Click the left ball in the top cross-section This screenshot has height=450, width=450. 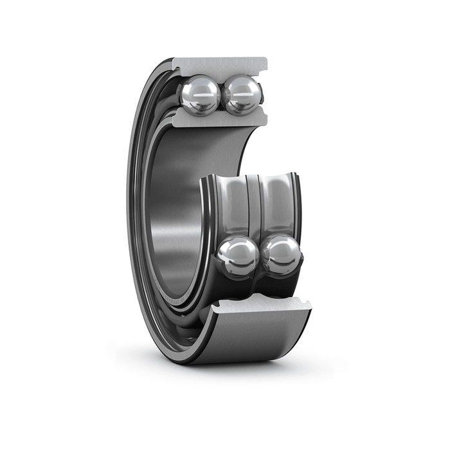coord(200,95)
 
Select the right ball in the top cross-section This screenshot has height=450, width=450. coord(242,95)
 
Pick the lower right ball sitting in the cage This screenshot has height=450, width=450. coord(281,255)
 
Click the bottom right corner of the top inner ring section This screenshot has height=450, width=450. coord(264,122)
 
